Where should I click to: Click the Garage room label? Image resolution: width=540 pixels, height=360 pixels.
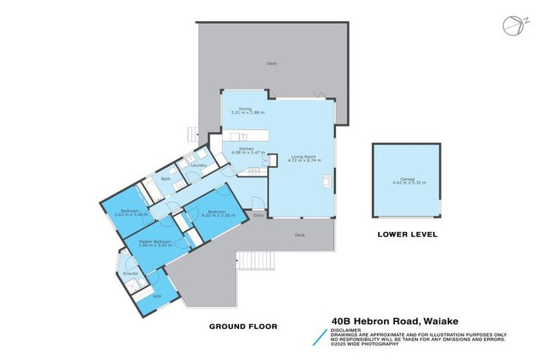[x=409, y=178]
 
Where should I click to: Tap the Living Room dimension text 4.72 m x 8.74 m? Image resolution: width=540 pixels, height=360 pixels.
[x=304, y=161]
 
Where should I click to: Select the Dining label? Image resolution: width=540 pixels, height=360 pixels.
[x=245, y=108]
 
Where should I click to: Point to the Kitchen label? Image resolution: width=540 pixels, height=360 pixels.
[x=245, y=148]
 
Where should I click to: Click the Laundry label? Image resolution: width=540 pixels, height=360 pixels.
[x=198, y=165]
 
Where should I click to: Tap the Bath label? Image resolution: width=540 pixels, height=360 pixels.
[x=166, y=179]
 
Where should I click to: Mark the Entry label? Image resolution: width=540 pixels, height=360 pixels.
[x=258, y=214]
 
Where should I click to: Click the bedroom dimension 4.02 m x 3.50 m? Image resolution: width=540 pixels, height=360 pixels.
[x=216, y=216]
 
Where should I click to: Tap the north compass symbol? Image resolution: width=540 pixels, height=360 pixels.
[x=512, y=25]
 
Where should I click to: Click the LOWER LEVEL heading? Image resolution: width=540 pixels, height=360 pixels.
[x=407, y=235]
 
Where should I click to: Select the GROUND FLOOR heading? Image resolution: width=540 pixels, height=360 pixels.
[x=243, y=326]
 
